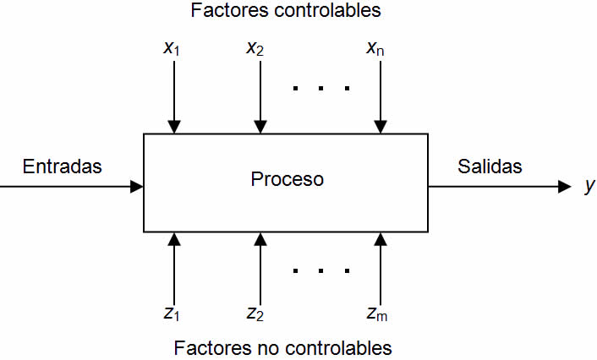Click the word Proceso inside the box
coord(288,180)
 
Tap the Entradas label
coord(63,166)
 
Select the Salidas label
coord(490,166)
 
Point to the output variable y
coord(589,188)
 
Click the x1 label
coord(172,48)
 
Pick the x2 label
coord(255,48)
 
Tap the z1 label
coord(172,314)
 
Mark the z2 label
coord(255,314)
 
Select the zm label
coord(377,314)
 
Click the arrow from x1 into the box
coord(173,97)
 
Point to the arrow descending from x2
coord(260,97)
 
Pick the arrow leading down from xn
coord(381,97)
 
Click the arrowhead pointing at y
coord(566,187)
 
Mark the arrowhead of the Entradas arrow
coord(137,187)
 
